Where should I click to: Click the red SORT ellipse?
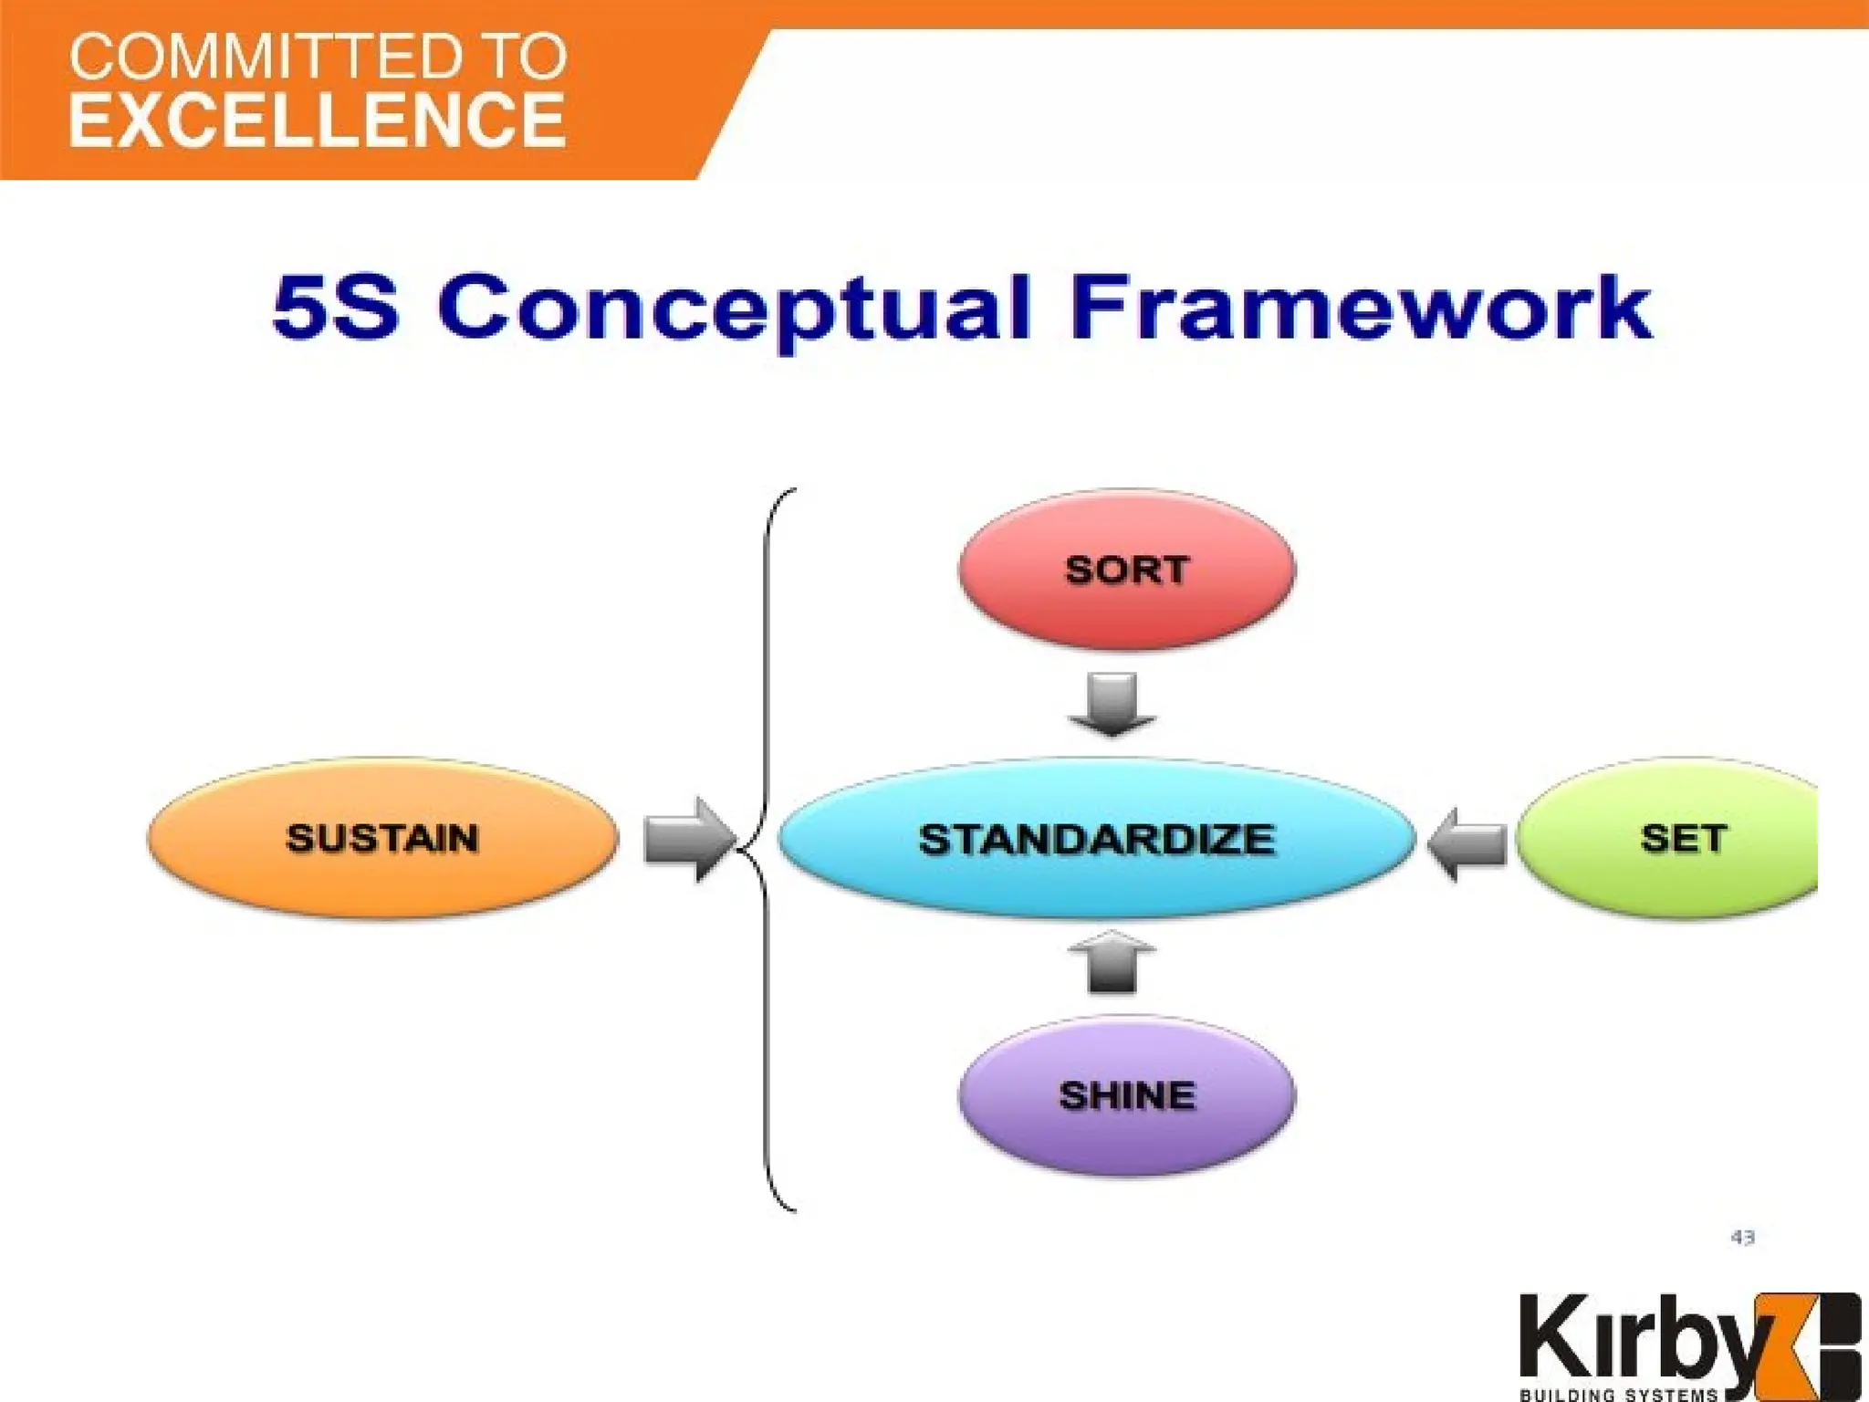point(1126,570)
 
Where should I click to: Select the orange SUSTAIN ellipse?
point(382,838)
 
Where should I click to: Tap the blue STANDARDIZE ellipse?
point(1096,839)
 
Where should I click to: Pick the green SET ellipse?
point(1670,838)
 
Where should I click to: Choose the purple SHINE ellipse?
point(1126,1095)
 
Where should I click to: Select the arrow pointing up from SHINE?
point(1112,962)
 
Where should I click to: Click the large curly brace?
point(765,849)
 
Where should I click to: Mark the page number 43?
point(1742,1238)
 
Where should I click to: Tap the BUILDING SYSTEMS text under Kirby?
point(1619,1394)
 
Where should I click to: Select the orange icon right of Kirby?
point(1812,1342)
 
